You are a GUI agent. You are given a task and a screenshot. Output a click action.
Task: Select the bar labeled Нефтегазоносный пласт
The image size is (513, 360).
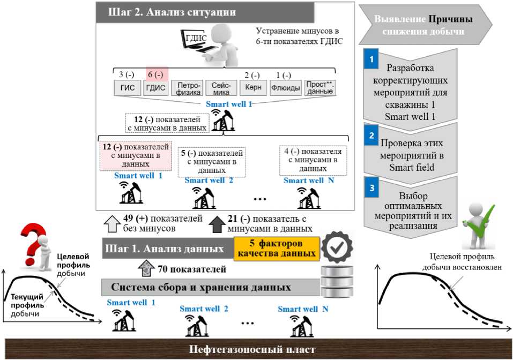coord(256,349)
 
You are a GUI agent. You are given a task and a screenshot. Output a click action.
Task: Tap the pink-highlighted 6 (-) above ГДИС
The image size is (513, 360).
coord(157,74)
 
